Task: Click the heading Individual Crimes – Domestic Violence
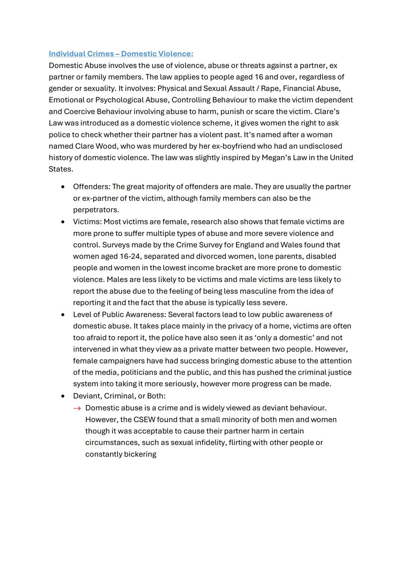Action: (x=121, y=54)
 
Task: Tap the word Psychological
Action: (x=120, y=100)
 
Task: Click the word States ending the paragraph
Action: (x=60, y=169)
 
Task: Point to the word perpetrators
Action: (x=96, y=210)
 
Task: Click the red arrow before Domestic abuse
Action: (x=77, y=408)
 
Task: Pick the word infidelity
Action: (x=207, y=443)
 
